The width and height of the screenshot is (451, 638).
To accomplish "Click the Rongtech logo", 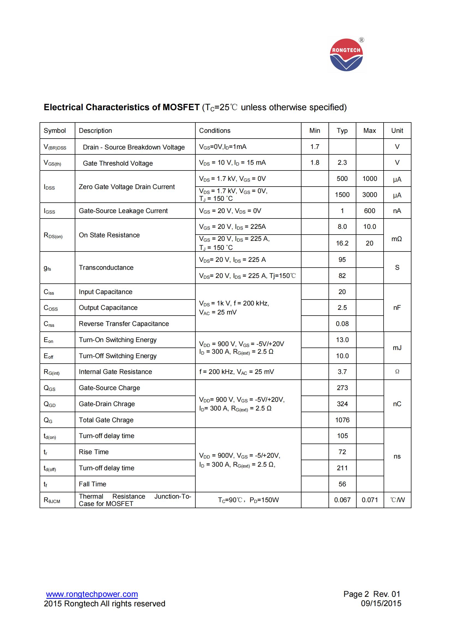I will pos(346,55).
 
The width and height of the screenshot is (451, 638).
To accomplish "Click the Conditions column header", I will pos(214,131).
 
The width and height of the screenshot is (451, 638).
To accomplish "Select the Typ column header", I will pos(342,131).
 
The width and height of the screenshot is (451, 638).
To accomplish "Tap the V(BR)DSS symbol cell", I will pos(55,147).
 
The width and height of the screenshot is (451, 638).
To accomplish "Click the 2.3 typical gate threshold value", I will pos(342,163).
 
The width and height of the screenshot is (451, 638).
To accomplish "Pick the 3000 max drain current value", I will pos(369,194).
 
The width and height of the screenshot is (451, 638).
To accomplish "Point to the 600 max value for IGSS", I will pos(369,211).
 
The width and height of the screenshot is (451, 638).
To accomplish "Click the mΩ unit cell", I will pos(396,239).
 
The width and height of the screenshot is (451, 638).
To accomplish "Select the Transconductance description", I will pos(106,267).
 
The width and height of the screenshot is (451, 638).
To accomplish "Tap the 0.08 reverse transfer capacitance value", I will pos(342,324).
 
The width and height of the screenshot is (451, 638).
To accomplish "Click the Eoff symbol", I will pos(48,356).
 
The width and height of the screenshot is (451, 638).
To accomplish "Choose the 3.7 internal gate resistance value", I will pos(342,372).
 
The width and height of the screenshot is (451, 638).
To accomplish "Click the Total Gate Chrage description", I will pos(106,420).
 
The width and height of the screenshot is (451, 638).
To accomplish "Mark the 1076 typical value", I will pos(342,420).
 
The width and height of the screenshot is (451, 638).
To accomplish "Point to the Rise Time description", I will pos(94,452).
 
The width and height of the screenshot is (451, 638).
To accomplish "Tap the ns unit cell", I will pos(397,456).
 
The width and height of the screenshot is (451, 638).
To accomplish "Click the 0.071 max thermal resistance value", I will pos(370,500).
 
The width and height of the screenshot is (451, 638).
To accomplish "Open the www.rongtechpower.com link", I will pos(92,594).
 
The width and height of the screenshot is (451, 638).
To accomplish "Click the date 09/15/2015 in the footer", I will pos(381,603).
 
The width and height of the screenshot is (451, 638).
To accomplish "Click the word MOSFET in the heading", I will pos(181,107).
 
